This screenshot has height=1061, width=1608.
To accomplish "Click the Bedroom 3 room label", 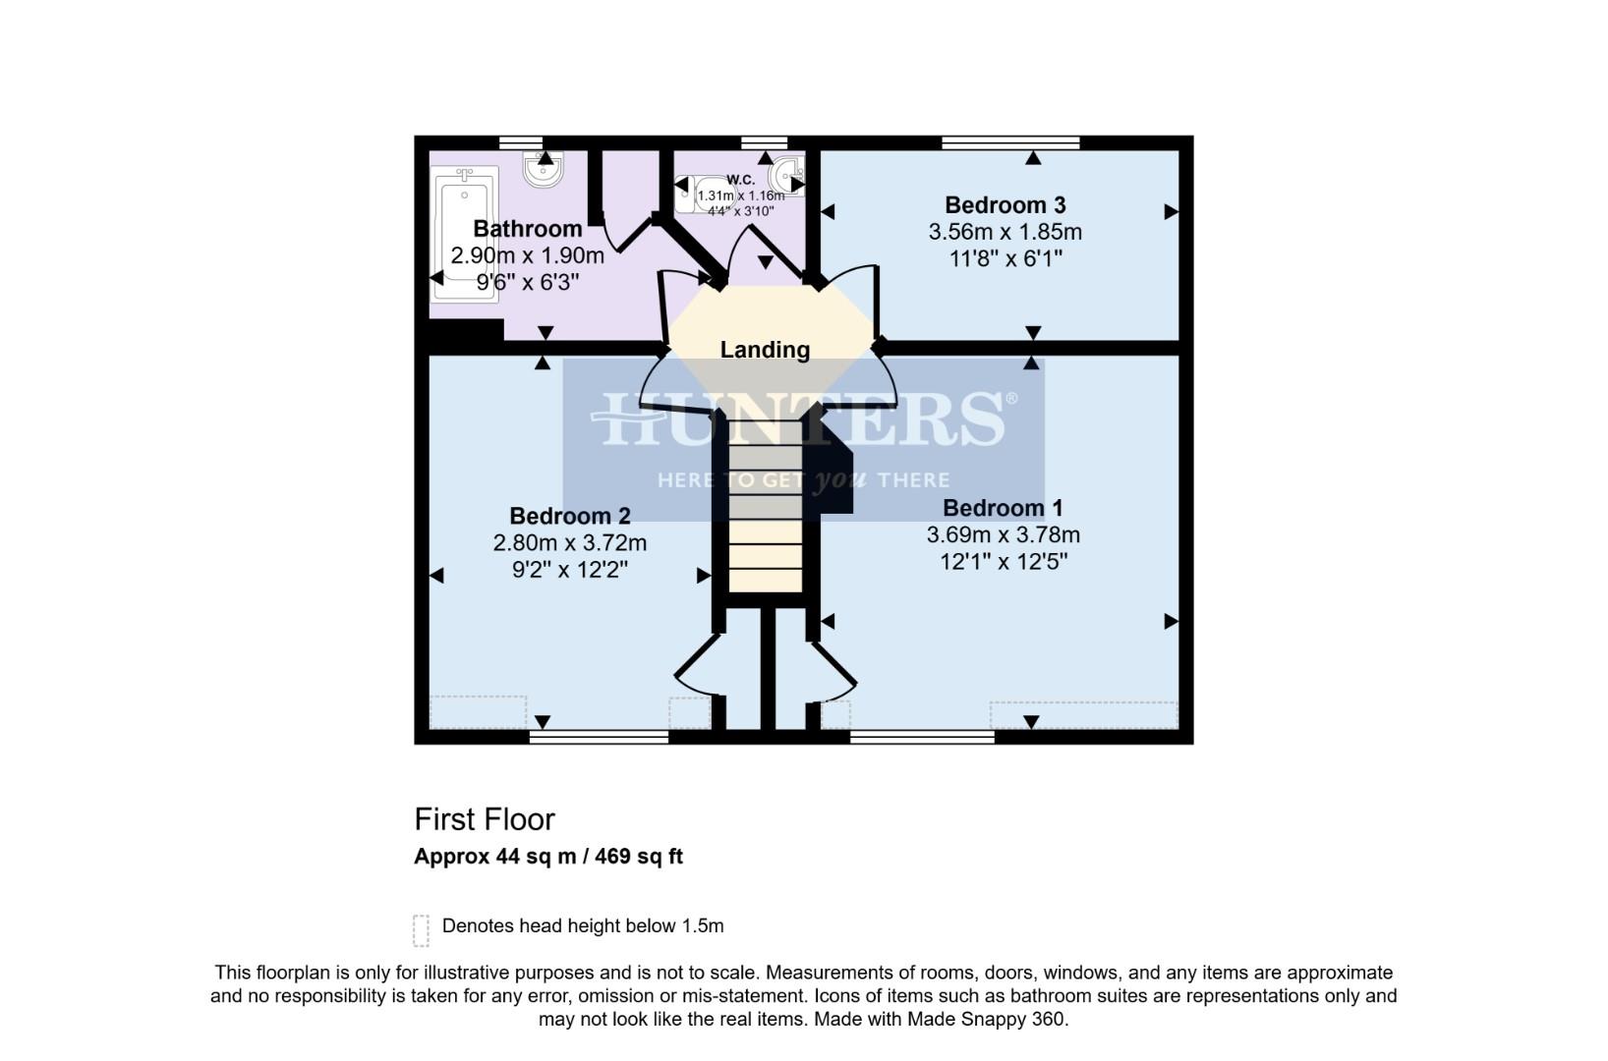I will coord(1005,205).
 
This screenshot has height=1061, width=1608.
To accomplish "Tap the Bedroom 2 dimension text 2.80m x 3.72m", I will coord(569,543).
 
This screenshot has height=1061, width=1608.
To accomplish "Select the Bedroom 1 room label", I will coord(1003,508).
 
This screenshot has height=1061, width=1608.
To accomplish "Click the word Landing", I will coord(765,350).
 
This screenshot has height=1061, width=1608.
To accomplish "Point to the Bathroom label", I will coord(528,229).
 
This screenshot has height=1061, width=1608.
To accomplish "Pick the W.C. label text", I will coord(741,179).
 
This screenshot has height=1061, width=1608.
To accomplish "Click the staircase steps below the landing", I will coord(765,521).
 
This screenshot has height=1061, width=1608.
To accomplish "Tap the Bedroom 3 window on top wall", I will coord(1010,143).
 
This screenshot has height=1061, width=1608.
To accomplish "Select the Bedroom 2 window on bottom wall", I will coord(599,736).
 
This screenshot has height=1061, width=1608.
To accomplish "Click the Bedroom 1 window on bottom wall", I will coord(922,736).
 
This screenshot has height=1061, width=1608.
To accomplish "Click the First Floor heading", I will coord(485,819).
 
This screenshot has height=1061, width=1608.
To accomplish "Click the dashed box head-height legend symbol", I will coord(422,929).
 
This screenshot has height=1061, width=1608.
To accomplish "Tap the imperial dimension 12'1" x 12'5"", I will coord(1003,562).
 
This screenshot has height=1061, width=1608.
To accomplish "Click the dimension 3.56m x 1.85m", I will coord(1005,233).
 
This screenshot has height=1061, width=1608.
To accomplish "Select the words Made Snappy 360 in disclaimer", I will coord(985,1020).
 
